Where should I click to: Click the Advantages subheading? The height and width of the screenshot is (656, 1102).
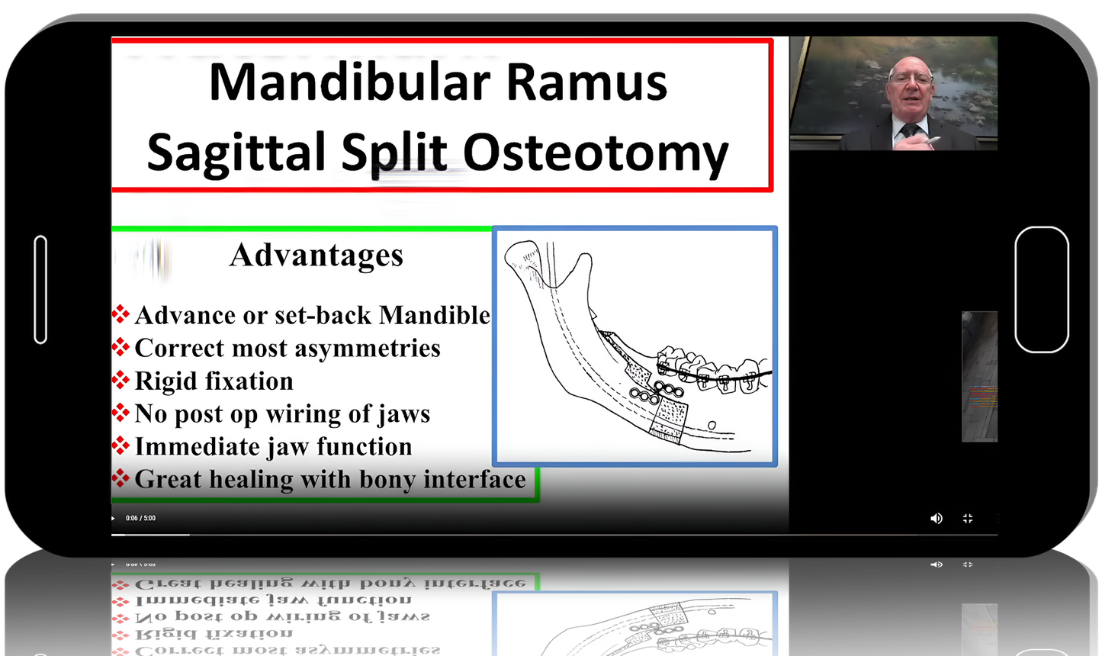pos(316,256)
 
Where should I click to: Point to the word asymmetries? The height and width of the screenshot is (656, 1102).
pos(365,349)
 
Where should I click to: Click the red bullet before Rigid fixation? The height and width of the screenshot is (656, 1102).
pos(120,380)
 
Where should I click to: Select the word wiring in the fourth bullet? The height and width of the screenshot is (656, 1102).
pos(304,414)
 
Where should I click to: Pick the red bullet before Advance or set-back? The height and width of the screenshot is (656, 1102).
pos(120,314)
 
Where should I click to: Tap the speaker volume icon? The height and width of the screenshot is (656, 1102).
pos(937,518)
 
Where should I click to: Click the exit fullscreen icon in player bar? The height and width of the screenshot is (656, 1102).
pos(968,518)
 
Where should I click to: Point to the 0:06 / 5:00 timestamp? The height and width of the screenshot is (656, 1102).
pos(140,518)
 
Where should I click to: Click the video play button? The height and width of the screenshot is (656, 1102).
pos(114,519)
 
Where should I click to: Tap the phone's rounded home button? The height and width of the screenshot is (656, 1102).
pos(1041,290)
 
